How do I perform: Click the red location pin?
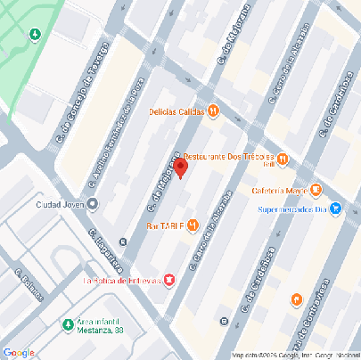click(x=180, y=168)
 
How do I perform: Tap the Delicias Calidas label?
click(x=176, y=111)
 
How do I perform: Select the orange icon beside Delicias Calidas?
click(x=213, y=111)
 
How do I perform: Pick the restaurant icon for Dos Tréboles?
click(x=282, y=160)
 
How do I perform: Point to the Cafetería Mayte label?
click(x=279, y=190)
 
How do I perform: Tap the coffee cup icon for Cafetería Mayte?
click(x=316, y=190)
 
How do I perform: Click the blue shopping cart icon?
click(x=335, y=210)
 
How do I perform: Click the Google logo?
click(x=18, y=351)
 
